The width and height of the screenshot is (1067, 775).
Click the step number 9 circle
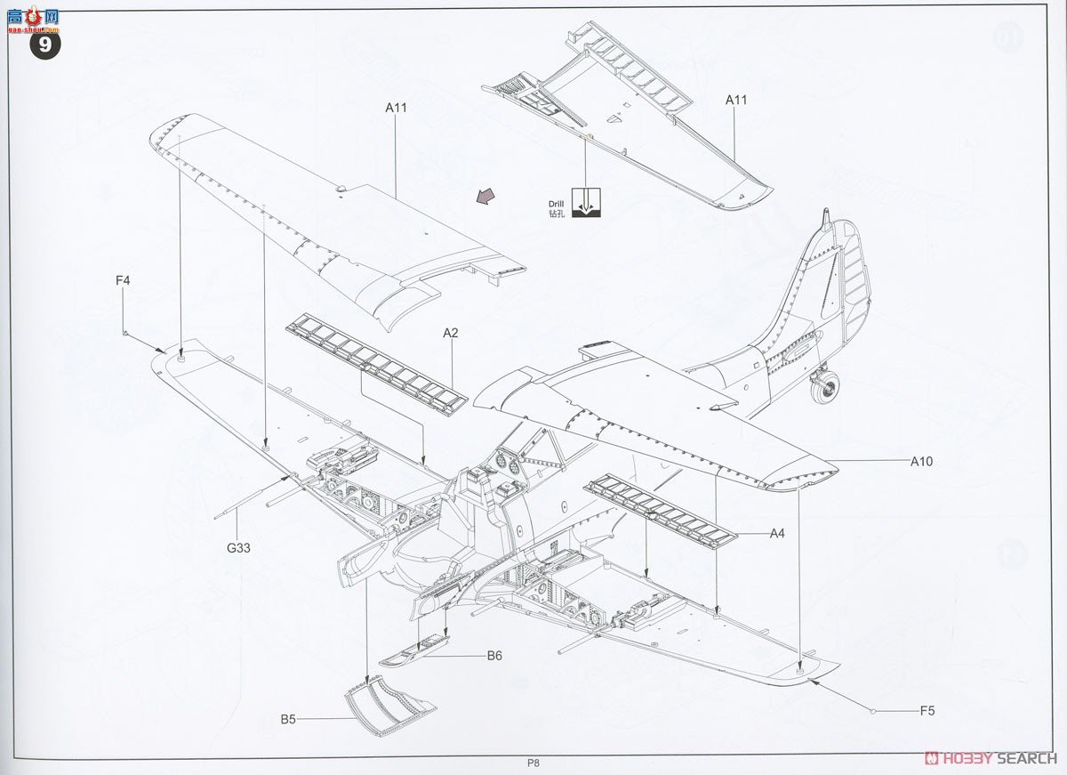click(47, 45)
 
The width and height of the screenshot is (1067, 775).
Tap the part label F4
click(123, 281)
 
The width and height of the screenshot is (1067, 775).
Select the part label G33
click(238, 548)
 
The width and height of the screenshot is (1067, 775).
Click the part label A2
click(451, 333)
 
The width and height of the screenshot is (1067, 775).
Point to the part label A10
click(921, 462)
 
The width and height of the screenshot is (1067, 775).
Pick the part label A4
click(777, 534)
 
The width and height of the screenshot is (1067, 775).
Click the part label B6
click(494, 656)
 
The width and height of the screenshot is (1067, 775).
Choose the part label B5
click(288, 720)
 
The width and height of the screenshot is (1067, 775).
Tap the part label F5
click(927, 711)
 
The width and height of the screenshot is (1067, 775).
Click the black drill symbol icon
click(585, 203)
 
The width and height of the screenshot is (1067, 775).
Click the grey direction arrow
click(485, 197)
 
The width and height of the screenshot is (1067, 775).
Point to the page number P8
click(533, 763)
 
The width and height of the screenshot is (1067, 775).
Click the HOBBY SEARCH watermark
click(991, 758)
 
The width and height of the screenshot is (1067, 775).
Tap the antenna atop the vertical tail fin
click(826, 217)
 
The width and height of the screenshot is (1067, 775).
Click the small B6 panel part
click(416, 651)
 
